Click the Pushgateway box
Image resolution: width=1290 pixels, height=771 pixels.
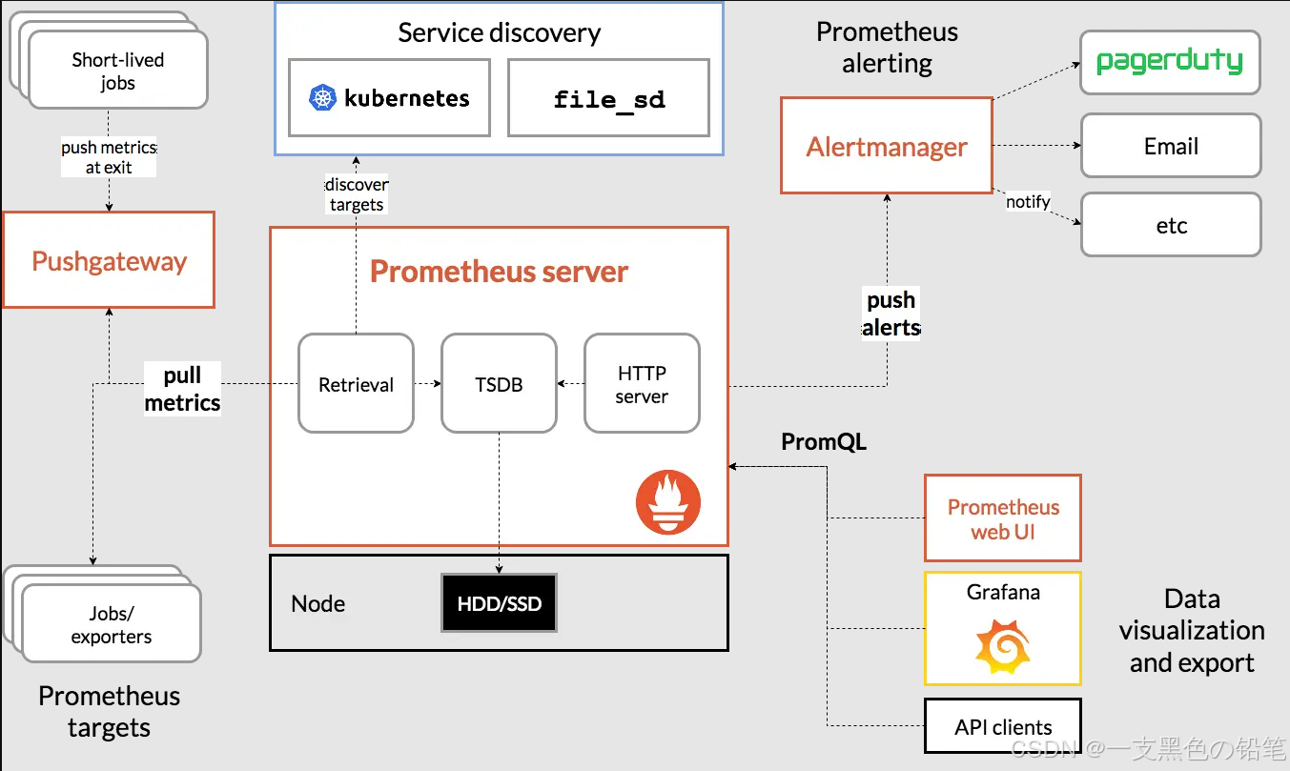coord(109,260)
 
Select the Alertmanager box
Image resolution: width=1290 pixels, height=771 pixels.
coord(887,146)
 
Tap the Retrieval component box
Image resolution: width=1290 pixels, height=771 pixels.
coord(356,383)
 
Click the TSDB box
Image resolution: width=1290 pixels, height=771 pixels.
coord(499,383)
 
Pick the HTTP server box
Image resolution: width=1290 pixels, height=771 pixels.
coord(642,383)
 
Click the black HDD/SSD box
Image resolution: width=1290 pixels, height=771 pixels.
coord(499,603)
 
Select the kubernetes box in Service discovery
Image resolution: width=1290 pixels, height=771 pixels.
coord(389,97)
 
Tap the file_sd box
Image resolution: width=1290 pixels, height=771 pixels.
coord(608,97)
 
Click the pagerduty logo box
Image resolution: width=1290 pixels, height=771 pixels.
coord(1170,63)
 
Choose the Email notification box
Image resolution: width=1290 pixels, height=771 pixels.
coord(1171,146)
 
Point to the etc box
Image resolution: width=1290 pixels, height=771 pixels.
coord(1171,225)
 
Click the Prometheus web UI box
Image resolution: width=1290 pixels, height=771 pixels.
coord(1003,518)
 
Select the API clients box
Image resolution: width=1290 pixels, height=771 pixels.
coord(1003,727)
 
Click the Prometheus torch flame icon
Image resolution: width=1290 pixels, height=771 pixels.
coord(668,502)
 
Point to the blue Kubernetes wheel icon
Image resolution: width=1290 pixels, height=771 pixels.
coord(324,97)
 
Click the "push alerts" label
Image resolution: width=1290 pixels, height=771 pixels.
coord(891,314)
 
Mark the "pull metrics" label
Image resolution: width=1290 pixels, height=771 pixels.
coord(182,389)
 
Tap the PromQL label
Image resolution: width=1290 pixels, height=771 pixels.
coord(824,441)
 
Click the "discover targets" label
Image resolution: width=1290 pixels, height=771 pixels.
coord(357,194)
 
